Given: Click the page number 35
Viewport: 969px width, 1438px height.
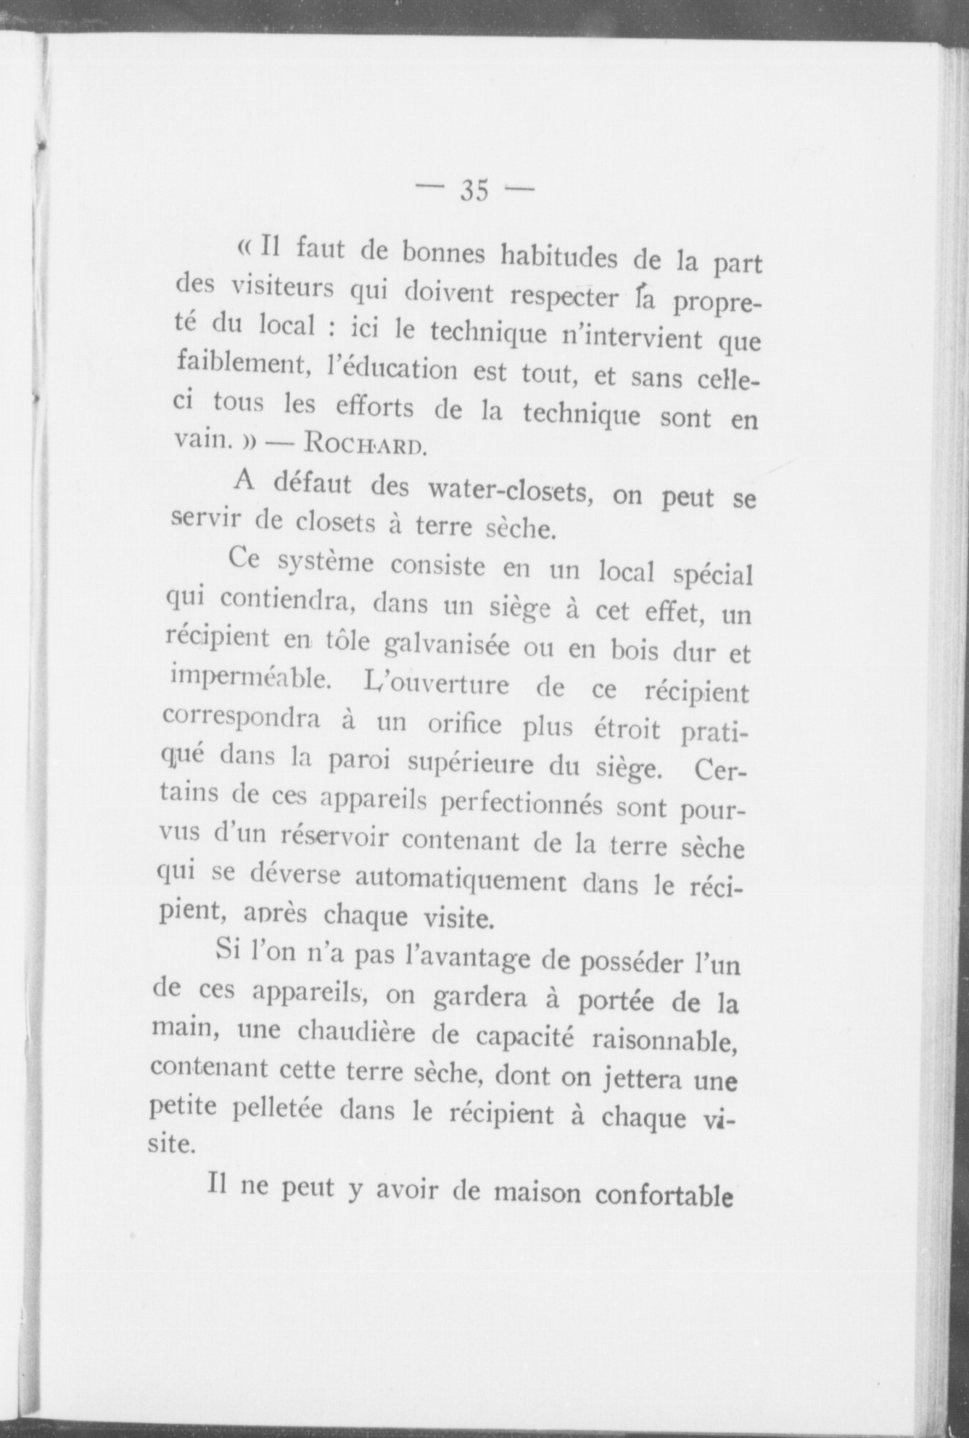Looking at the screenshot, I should point(474,190).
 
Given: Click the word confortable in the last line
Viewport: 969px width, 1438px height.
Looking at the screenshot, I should point(661,1194).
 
